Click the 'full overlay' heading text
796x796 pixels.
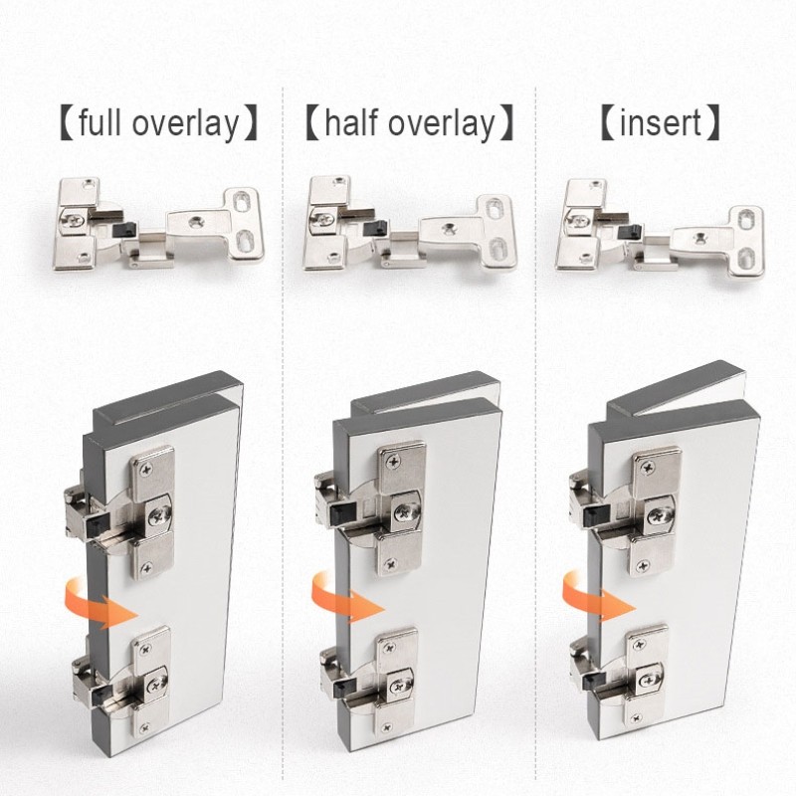(159, 123)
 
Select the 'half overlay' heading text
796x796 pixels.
(410, 123)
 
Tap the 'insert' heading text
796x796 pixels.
(661, 122)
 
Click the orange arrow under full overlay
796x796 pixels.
(100, 603)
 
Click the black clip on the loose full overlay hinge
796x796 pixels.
(125, 230)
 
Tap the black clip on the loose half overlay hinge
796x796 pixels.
(376, 229)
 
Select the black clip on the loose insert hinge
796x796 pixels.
(629, 232)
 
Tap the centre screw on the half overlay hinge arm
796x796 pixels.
(449, 229)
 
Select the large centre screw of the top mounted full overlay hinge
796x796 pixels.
(160, 516)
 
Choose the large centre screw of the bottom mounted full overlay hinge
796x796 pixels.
(156, 686)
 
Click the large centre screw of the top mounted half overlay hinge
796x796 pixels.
(406, 513)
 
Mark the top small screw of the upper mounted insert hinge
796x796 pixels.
(648, 468)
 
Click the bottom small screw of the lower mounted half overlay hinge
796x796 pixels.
(387, 727)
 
